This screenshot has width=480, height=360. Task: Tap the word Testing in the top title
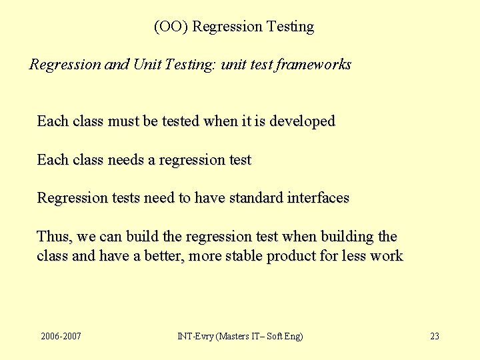click(290, 27)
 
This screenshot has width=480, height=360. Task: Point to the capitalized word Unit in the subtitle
click(146, 65)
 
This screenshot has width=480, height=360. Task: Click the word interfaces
click(318, 198)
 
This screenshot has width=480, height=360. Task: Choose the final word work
click(387, 256)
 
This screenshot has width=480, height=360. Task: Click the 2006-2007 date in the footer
click(61, 336)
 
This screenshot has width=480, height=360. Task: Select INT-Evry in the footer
click(195, 336)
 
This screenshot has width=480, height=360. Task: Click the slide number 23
click(435, 336)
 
